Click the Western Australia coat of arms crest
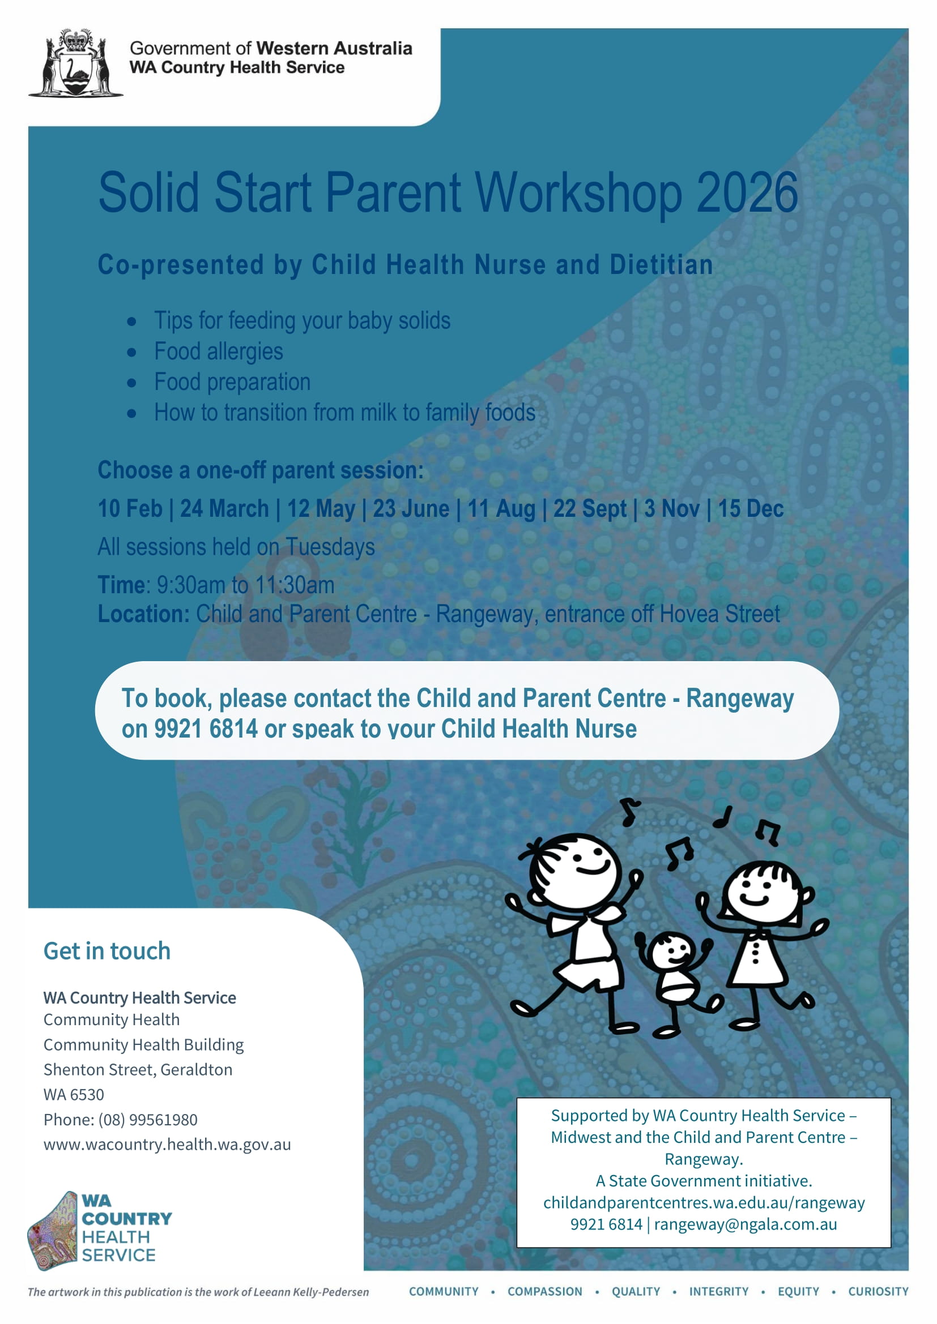(x=75, y=63)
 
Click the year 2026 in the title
(x=747, y=192)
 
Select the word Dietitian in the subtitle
(x=661, y=265)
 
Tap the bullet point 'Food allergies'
(x=218, y=352)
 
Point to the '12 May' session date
(x=321, y=509)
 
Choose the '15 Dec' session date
(x=751, y=509)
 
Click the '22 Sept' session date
(x=589, y=509)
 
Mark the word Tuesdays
(x=330, y=547)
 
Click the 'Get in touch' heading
(x=107, y=951)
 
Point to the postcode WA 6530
(x=74, y=1095)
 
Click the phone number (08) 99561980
(x=148, y=1120)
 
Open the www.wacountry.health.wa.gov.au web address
(x=167, y=1145)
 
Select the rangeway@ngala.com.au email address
(x=745, y=1224)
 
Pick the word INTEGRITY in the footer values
(x=718, y=1292)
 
